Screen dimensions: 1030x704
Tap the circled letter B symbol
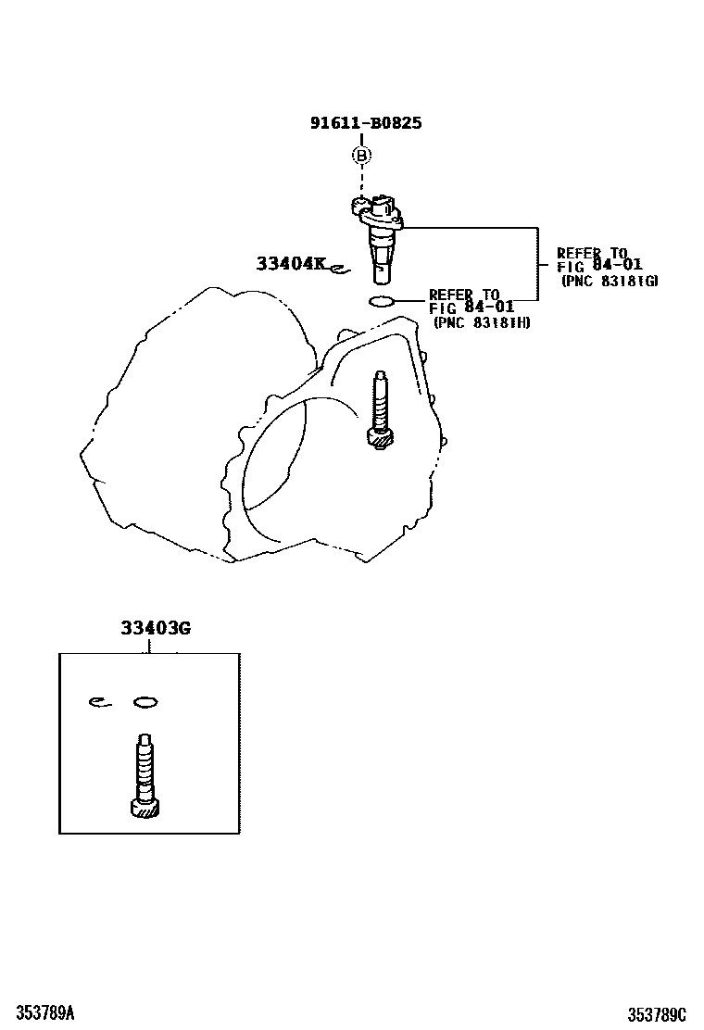pyautogui.click(x=361, y=156)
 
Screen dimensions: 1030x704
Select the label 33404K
pyautogui.click(x=291, y=264)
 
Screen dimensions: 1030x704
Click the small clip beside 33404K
pyautogui.click(x=337, y=270)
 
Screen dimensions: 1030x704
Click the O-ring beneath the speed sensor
pyautogui.click(x=381, y=300)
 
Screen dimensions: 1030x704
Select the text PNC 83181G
pyautogui.click(x=610, y=281)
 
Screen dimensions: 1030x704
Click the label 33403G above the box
pyautogui.click(x=155, y=628)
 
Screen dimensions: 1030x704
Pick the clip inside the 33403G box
pyautogui.click(x=99, y=702)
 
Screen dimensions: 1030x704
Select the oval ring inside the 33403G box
pyautogui.click(x=145, y=702)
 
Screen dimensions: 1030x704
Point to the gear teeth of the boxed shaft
pyautogui.click(x=145, y=810)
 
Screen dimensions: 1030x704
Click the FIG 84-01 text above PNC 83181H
pyautogui.click(x=471, y=308)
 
